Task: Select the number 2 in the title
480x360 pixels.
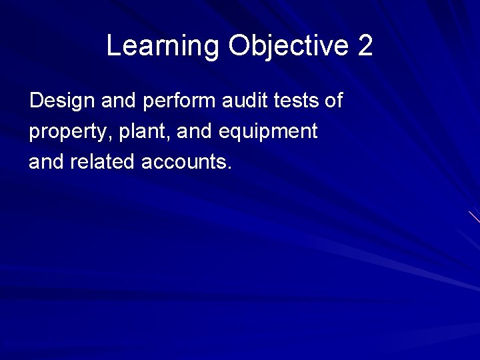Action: coord(365,46)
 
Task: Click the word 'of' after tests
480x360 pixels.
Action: coord(333,101)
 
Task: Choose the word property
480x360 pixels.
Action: coord(65,132)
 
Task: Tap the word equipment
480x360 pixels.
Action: coord(268,132)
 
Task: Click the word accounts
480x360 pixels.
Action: coord(183,162)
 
